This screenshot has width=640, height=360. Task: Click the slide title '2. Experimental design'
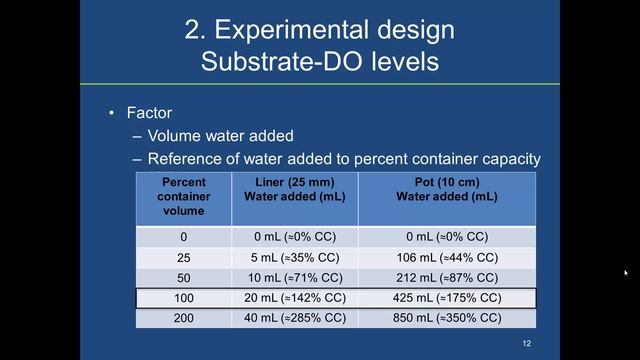coord(320,29)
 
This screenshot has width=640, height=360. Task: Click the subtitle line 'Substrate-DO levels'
coord(320,61)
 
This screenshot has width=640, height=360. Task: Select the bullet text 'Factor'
coord(150,113)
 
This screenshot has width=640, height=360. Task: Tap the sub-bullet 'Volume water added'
coord(220,136)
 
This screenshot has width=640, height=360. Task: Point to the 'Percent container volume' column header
coord(183,197)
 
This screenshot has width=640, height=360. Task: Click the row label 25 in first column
coord(183,257)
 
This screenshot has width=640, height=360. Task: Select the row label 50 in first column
coord(183,277)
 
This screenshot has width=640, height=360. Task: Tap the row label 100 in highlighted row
coord(183,298)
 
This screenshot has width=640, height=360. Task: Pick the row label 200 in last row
coord(183,318)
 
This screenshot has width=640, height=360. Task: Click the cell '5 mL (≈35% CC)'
coord(294,257)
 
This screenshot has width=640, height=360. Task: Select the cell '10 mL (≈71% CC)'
coord(294,277)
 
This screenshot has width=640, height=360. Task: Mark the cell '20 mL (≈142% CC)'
coord(294,298)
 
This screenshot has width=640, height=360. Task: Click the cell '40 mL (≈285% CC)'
coord(294,318)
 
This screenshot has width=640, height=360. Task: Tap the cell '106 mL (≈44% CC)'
coord(446,257)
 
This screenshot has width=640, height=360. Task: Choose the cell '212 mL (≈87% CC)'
coord(446,277)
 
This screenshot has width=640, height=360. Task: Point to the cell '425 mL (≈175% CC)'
coord(446,298)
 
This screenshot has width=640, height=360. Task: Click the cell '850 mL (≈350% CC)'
coord(446,318)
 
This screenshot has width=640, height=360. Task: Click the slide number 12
coord(526,344)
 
